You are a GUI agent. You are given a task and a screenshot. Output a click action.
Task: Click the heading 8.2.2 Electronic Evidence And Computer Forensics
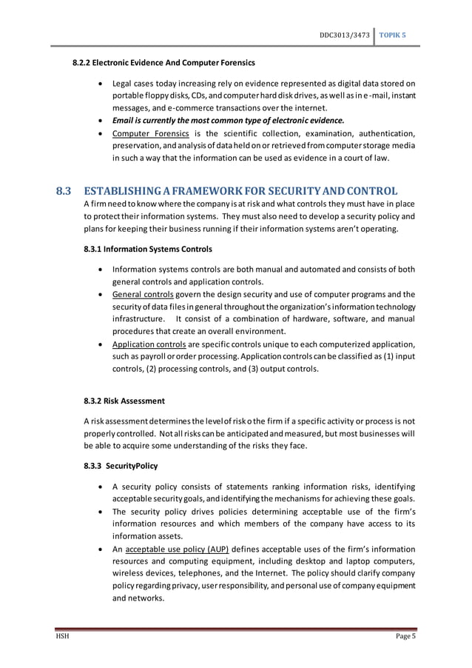tap(163, 62)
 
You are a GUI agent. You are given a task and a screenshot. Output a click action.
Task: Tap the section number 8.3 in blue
tap(64, 190)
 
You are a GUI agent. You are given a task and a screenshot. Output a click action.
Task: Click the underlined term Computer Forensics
tap(150, 133)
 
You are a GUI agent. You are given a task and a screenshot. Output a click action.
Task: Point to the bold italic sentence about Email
tap(228, 120)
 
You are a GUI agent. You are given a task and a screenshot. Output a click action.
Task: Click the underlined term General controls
tap(143, 295)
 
